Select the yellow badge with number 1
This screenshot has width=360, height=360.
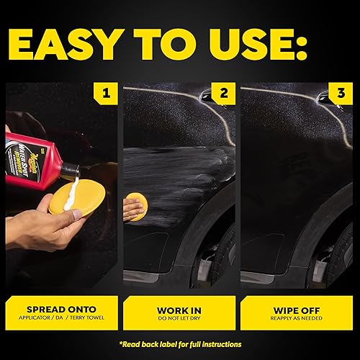coord(107,93)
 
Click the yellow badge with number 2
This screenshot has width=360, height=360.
coord(224,93)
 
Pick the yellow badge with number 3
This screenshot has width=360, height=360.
coord(341,93)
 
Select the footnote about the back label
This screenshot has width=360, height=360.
coord(179,344)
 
